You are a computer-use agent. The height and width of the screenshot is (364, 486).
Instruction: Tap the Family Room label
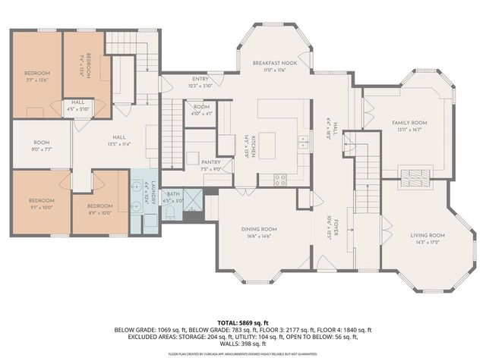click(x=409, y=123)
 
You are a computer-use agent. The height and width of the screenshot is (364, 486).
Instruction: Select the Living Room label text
click(x=428, y=235)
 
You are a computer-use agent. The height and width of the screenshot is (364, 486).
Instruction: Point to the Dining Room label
click(x=260, y=229)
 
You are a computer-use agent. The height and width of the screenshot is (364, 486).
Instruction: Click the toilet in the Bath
click(x=170, y=215)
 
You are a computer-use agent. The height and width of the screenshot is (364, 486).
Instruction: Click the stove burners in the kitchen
click(x=279, y=180)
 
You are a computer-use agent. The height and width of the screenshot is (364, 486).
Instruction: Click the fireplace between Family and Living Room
click(x=415, y=178)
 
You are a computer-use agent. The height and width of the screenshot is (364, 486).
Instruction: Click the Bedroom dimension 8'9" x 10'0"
click(x=99, y=212)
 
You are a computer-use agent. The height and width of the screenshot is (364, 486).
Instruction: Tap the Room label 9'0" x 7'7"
click(x=41, y=149)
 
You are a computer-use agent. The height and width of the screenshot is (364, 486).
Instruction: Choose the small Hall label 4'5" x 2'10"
click(x=78, y=108)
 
